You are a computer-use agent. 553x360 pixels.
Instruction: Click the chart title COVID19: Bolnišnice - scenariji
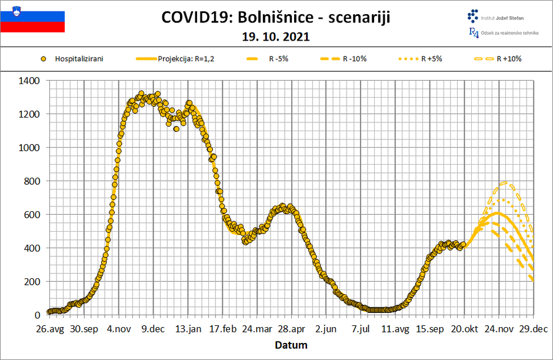coord(276,18)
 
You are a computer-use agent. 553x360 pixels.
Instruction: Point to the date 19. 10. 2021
coord(276,37)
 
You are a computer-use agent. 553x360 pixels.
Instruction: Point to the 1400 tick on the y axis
coord(29,81)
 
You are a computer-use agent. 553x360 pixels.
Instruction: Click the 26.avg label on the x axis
coord(49,329)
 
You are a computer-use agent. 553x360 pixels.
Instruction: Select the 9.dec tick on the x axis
coord(153,329)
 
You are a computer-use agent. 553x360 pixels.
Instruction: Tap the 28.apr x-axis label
coord(292,329)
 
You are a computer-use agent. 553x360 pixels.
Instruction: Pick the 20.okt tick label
coord(464,329)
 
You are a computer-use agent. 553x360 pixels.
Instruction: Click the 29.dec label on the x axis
coord(533,329)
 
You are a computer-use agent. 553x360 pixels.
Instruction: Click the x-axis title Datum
coord(292,345)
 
